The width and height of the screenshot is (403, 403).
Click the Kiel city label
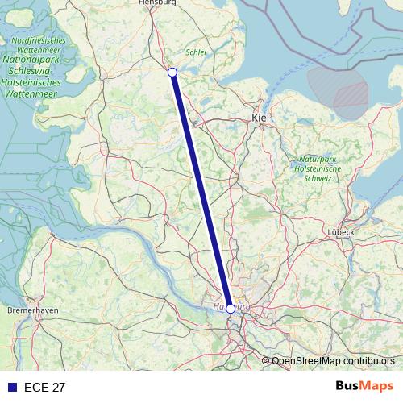pos(261,118)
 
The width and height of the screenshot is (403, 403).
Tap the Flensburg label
pos(157,3)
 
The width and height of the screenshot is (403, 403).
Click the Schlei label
pos(197,52)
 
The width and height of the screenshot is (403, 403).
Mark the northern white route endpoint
pos(172,73)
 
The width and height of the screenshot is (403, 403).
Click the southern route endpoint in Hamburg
pos(231,309)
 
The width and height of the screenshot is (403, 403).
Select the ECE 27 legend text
pos(45,387)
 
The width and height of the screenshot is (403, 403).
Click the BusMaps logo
pos(364,386)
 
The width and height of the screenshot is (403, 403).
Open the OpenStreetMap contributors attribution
pos(333,361)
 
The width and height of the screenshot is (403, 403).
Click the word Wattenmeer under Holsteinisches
pos(30,93)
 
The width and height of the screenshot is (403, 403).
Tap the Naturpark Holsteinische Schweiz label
pos(318,168)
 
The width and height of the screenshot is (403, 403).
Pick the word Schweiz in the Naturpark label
pos(318,178)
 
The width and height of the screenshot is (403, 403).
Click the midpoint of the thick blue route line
pos(201,191)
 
